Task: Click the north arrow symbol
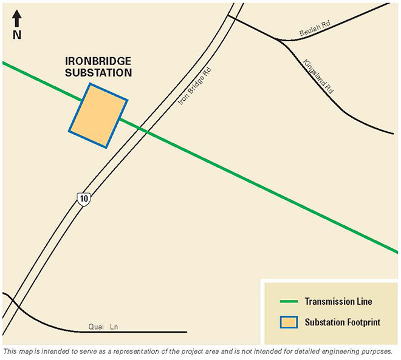17,18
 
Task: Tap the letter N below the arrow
17,35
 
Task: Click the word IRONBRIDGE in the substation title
99,62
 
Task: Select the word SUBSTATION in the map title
99,73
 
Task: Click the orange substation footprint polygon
98,115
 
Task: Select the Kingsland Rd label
319,76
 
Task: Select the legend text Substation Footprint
342,322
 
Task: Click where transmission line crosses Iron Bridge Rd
143,130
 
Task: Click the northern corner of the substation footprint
89,84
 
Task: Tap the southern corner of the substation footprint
106,147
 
